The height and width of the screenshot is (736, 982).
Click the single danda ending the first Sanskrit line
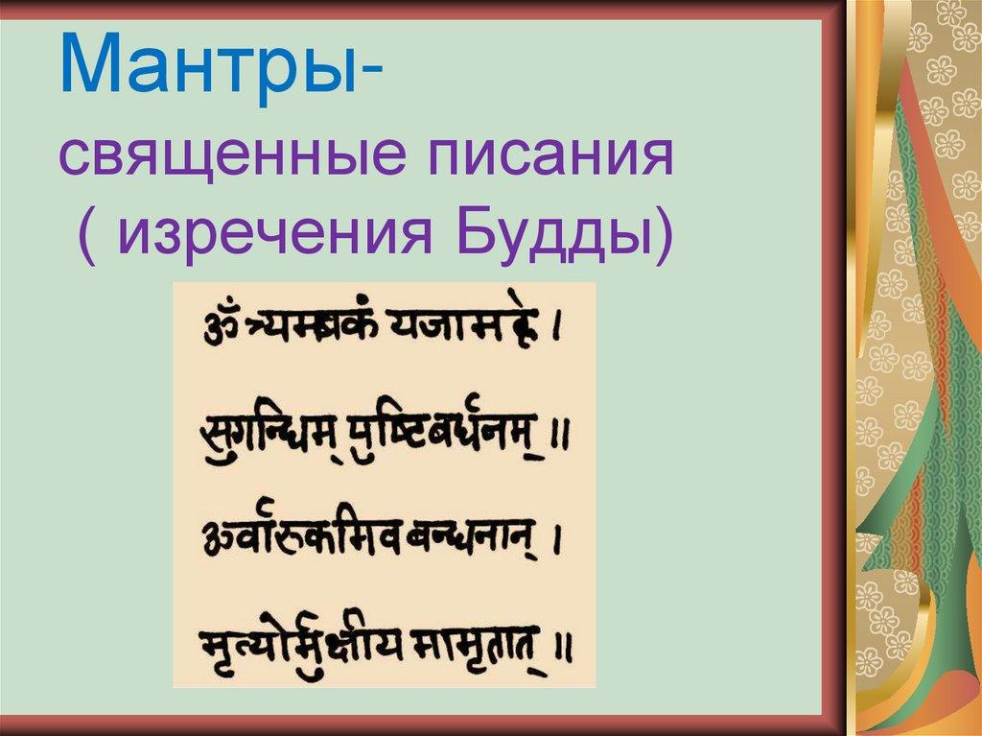(559, 332)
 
